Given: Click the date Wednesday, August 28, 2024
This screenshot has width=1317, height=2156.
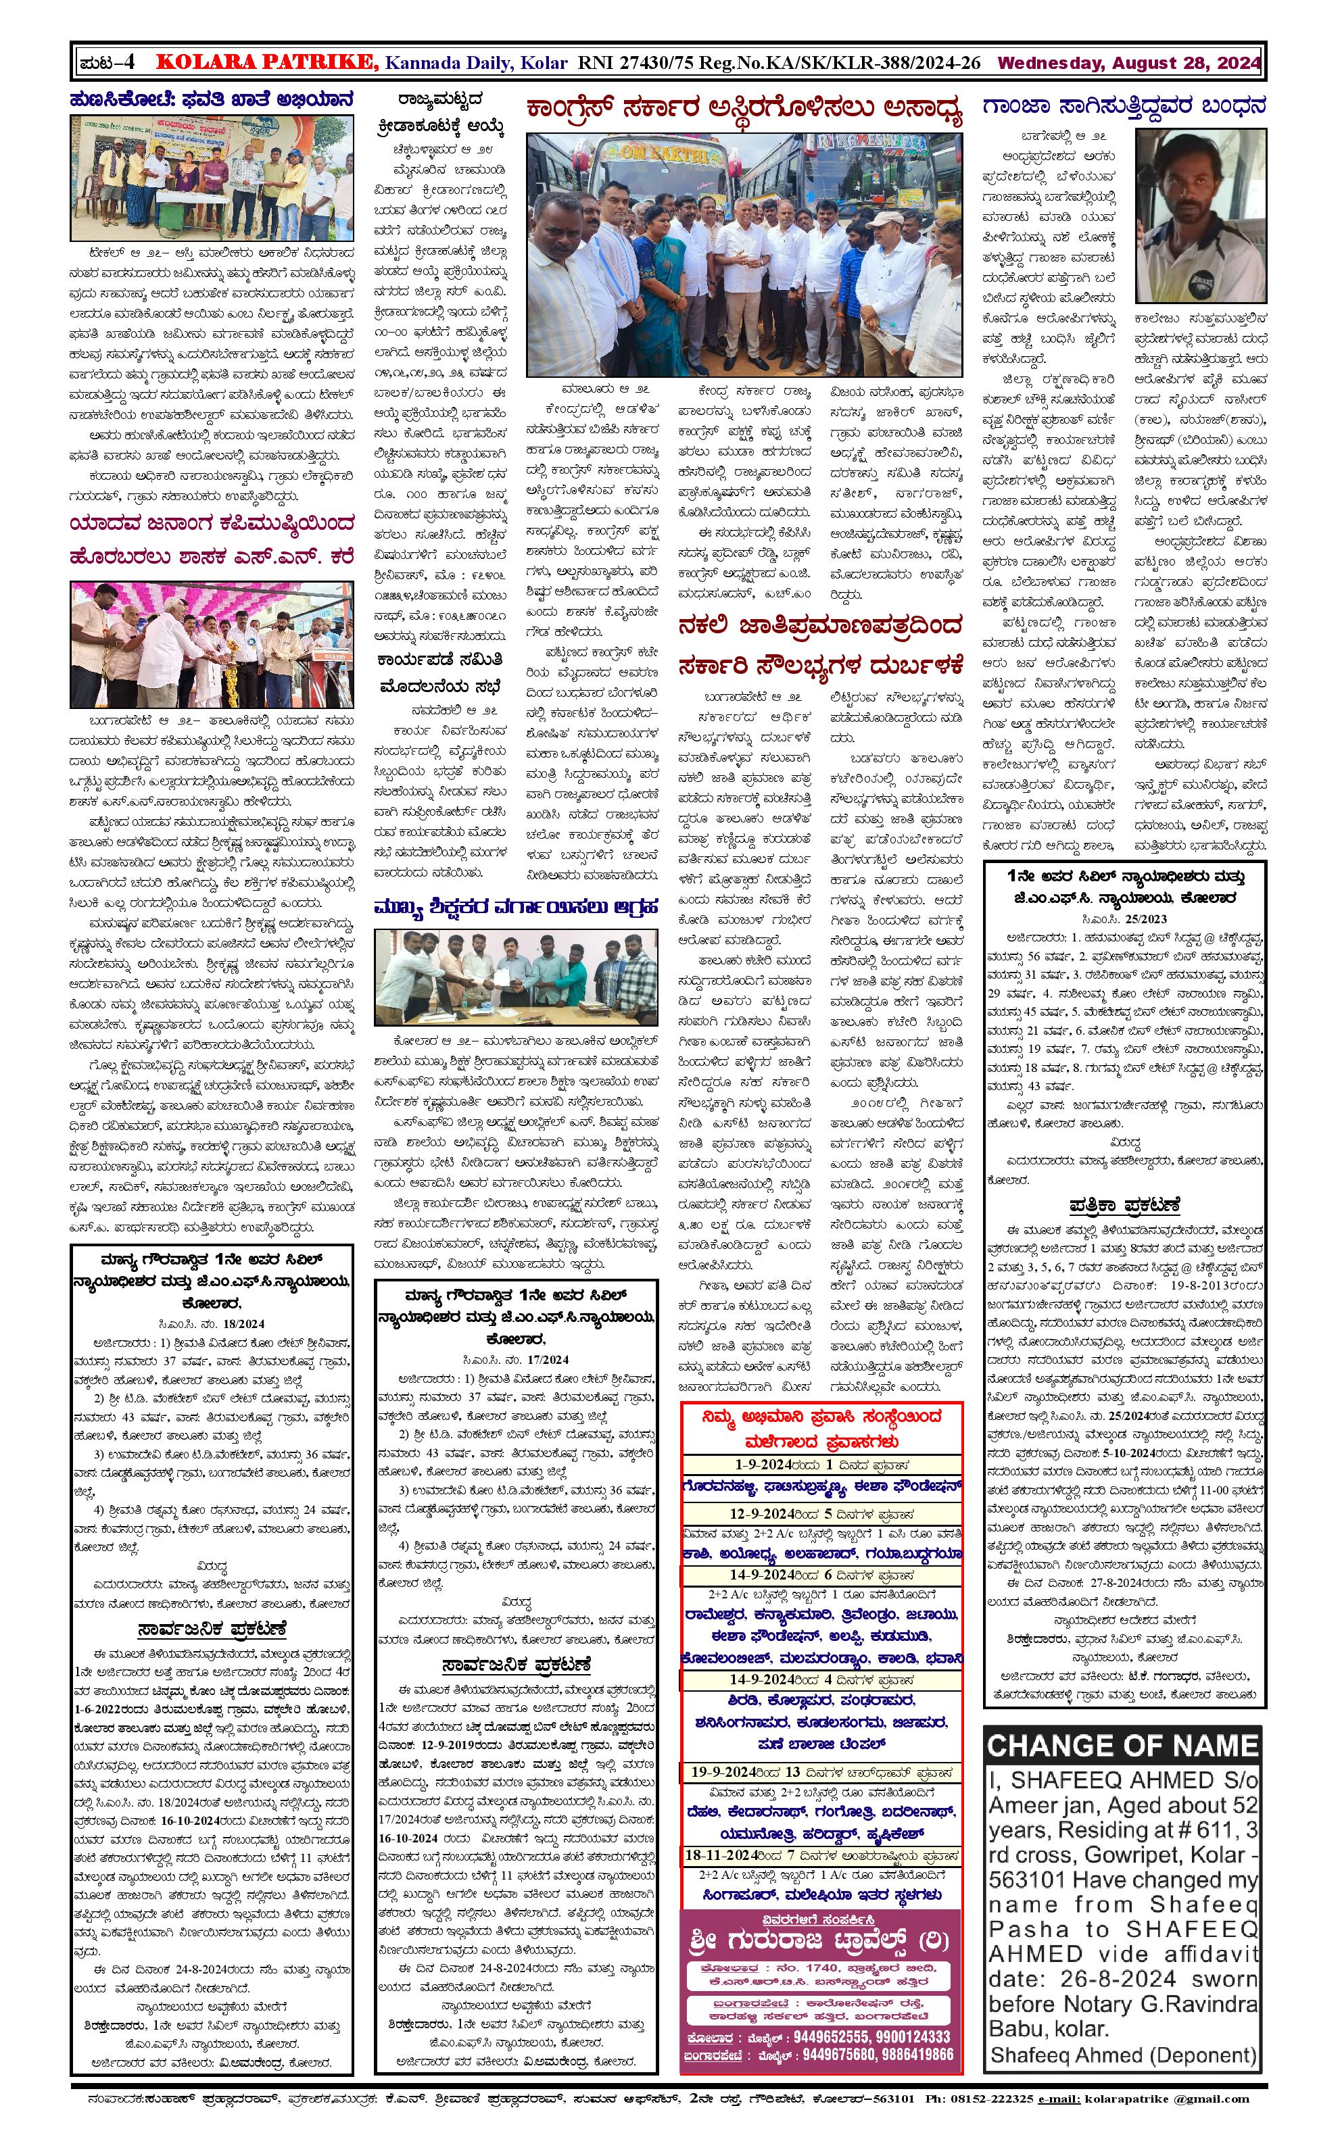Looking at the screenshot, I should point(1129,63).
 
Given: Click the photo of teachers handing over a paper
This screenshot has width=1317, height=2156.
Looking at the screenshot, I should point(517,977).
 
